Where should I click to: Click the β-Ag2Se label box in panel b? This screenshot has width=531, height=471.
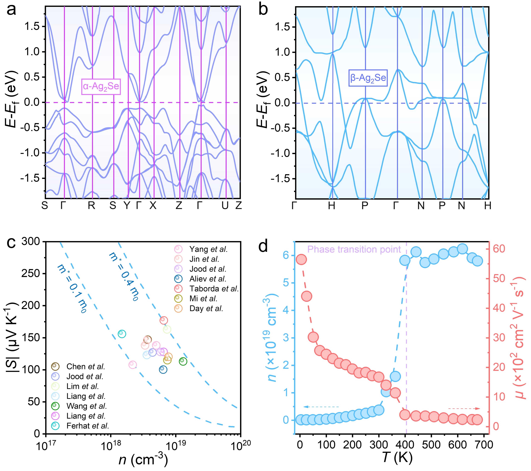click(368, 78)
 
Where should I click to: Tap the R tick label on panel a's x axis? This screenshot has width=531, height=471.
click(91, 206)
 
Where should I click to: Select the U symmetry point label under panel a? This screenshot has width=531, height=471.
click(225, 206)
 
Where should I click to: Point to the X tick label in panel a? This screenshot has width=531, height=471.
click(153, 206)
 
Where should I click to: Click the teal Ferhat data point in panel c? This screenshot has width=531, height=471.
click(122, 334)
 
